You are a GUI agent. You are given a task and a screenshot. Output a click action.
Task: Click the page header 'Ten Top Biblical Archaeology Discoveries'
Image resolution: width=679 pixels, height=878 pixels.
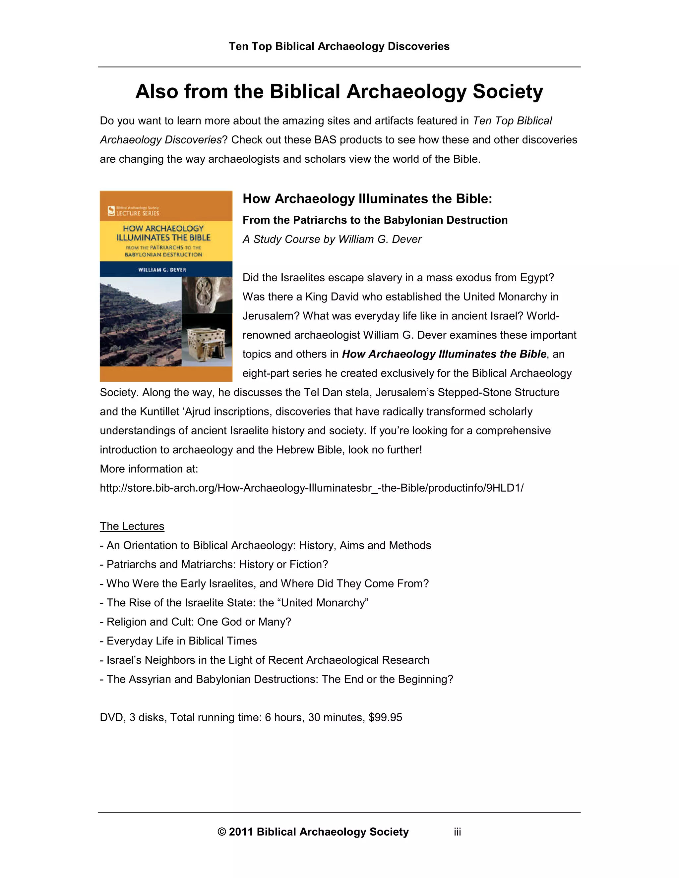coord(339,46)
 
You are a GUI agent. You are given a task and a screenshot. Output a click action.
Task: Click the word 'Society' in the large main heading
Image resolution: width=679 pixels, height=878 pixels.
coord(508,92)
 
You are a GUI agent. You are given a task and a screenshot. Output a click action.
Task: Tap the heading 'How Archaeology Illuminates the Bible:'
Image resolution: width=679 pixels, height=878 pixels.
coord(367,198)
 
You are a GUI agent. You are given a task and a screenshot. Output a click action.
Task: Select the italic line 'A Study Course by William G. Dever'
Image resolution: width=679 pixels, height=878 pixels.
coord(332,239)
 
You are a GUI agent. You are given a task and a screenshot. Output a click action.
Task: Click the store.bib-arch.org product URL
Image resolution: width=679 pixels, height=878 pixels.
coord(312,488)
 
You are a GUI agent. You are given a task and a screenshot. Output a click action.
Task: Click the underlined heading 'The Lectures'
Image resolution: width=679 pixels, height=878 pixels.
coord(132,526)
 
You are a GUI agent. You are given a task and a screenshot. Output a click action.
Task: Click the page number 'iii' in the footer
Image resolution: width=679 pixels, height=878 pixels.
coord(457,832)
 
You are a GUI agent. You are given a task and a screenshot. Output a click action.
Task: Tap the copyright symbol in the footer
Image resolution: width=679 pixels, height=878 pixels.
coord(222,832)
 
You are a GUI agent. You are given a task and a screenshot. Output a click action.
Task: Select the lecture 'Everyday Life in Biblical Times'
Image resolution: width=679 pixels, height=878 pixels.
coord(181,641)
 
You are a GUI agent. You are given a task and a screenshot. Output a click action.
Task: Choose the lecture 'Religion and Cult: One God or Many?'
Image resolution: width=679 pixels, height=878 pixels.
coord(198,622)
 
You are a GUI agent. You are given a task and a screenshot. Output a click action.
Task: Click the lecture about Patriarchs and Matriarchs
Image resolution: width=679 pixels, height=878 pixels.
coord(217,565)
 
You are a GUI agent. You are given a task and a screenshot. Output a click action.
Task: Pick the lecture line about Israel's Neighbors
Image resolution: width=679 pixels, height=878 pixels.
coord(268,660)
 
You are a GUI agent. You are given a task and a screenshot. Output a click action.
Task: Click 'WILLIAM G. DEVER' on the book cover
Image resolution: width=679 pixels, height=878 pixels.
coord(162,270)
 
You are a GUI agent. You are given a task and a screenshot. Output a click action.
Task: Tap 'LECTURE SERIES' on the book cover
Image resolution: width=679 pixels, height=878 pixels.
coord(138,213)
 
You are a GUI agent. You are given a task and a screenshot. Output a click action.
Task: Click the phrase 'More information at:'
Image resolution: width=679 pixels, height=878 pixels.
coord(149,469)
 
